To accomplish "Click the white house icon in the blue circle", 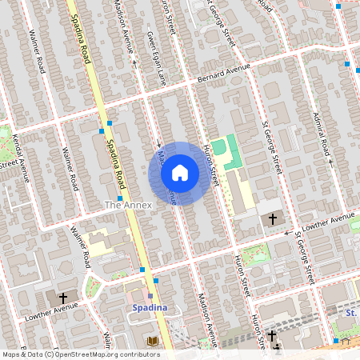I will tap(180, 173).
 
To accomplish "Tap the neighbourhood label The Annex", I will tap(128, 206).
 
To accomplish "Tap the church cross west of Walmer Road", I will tap(62, 296).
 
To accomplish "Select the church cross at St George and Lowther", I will tap(272, 218).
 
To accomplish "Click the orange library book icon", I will tap(152, 342).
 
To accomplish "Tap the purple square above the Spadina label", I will tap(150, 296).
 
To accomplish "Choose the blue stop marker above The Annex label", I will tap(119, 198).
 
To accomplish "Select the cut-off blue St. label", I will tap(350, 310).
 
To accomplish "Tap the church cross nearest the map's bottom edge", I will tap(272, 337).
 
